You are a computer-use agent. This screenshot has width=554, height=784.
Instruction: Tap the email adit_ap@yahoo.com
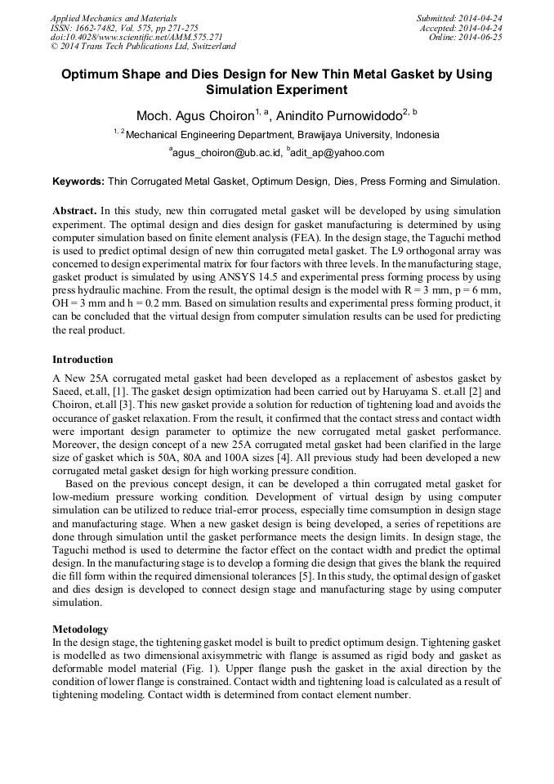[x=337, y=152]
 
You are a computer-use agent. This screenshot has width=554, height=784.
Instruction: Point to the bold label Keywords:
[x=78, y=181]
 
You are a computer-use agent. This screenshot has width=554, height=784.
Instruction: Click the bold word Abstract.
[x=75, y=210]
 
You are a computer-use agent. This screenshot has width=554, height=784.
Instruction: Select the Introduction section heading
[x=83, y=360]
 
